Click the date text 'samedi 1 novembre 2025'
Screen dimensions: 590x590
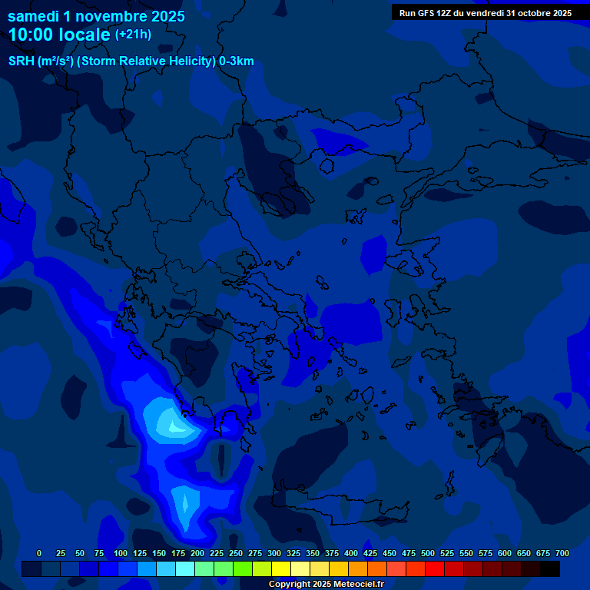(96, 16)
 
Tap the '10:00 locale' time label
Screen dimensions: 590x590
(60, 35)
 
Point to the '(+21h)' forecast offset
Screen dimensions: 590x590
(133, 34)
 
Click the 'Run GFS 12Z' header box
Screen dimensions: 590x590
(486, 12)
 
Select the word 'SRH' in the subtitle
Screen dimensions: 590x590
(21, 61)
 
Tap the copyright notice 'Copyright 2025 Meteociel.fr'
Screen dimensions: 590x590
(326, 585)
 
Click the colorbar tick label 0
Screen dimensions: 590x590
(39, 553)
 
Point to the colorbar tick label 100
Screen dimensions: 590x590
(120, 553)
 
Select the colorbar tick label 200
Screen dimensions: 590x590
(197, 553)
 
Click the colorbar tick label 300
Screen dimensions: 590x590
(274, 553)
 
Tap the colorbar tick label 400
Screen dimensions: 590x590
(351, 553)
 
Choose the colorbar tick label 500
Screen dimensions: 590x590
(428, 553)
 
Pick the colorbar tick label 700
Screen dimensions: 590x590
(562, 553)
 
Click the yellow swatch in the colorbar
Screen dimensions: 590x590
(281, 569)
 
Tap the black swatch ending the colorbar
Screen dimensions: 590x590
(550, 569)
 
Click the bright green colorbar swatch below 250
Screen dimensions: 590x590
(224, 569)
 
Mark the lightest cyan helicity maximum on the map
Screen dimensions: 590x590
(171, 422)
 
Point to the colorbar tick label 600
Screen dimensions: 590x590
(505, 553)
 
